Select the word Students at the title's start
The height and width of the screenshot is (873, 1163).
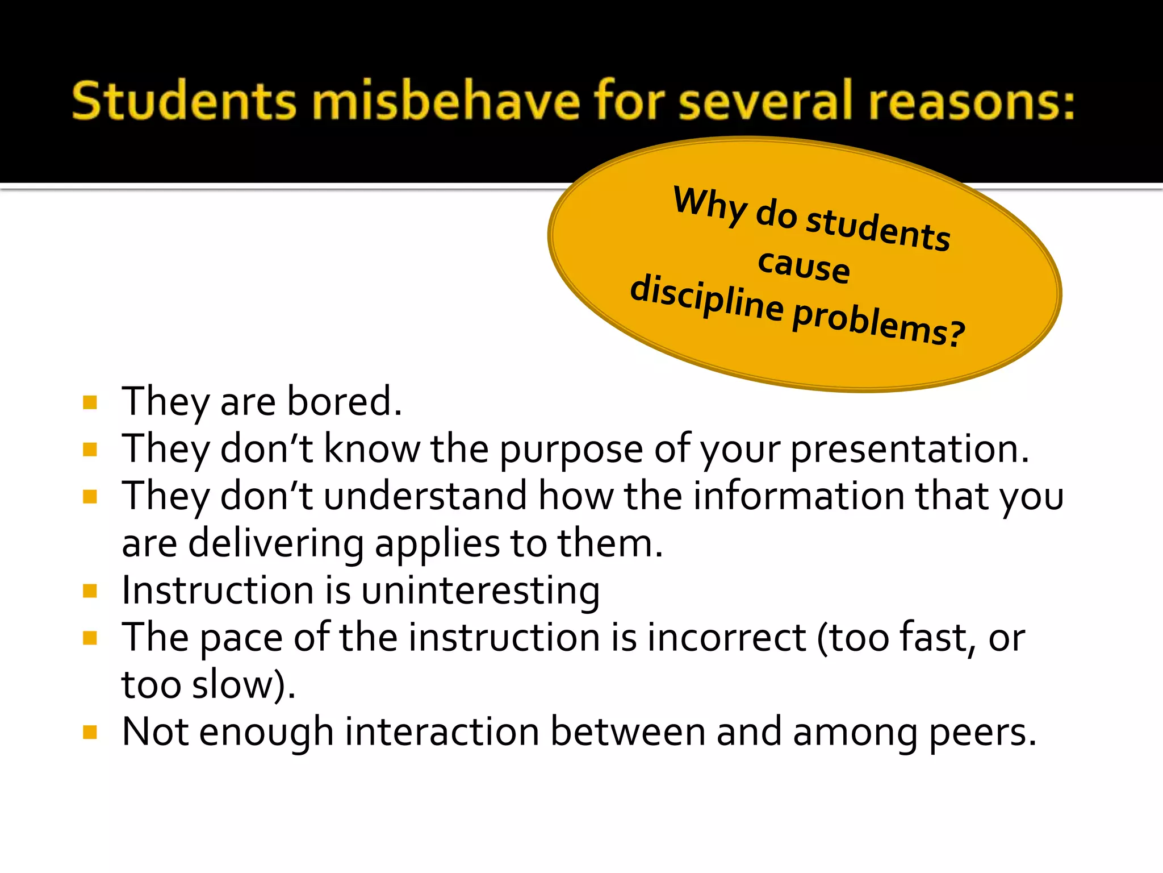point(184,101)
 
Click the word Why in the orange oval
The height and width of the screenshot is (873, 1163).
point(710,206)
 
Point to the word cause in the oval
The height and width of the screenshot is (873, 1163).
point(804,265)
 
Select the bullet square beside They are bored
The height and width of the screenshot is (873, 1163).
point(90,403)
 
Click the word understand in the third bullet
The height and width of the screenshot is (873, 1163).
point(425,496)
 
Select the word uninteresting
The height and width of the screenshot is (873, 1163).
point(480,591)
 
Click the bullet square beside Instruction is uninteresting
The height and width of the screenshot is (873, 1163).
point(90,591)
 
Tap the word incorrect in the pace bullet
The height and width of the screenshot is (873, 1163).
point(726,638)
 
